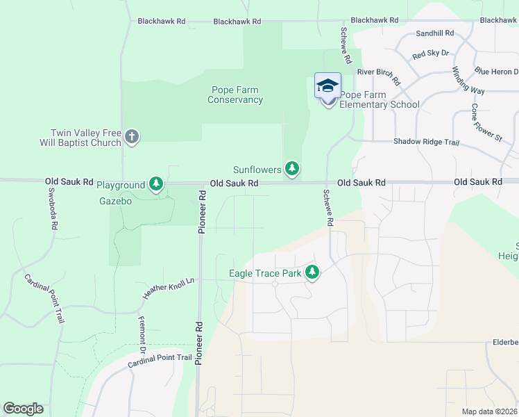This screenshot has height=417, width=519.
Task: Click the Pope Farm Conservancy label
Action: [235, 95]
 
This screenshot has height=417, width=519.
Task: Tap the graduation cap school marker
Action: [327, 86]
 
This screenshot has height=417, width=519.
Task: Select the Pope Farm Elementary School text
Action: [380, 99]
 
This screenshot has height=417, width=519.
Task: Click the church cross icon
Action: [132, 138]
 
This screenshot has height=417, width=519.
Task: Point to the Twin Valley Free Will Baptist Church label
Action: [86, 138]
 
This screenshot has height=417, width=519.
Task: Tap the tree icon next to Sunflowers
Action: [293, 169]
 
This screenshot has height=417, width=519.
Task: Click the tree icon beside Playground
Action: [157, 184]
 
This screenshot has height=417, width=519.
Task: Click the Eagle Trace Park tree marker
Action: [312, 272]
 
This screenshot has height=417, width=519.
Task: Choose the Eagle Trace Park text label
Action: [265, 274]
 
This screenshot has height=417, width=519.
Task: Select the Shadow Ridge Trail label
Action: [427, 142]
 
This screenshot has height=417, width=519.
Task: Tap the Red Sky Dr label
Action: [430, 54]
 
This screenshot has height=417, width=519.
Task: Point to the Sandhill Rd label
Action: [434, 33]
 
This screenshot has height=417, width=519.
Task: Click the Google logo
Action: [23, 409]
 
